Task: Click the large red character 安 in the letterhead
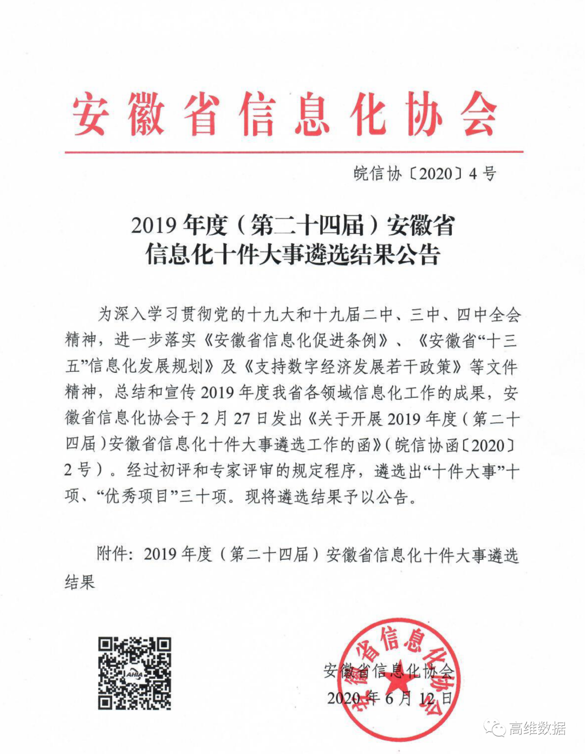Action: point(91,114)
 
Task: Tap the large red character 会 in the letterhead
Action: point(479,114)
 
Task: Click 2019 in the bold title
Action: point(154,225)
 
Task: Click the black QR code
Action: point(134,673)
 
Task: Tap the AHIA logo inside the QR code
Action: point(134,674)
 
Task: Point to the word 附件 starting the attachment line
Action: point(112,554)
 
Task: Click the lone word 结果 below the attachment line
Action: point(80,582)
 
